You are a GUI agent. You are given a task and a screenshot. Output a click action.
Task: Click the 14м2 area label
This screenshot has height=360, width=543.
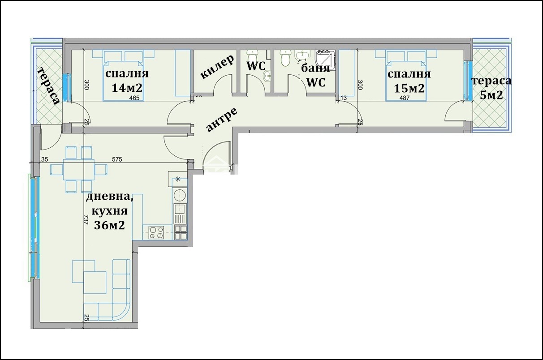[x=127, y=88]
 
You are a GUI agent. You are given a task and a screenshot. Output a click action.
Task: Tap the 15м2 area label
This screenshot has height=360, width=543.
[x=409, y=88]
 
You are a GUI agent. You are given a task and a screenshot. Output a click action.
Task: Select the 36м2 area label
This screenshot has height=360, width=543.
[x=109, y=225]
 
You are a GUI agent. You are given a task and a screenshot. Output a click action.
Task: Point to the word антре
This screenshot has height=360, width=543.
[x=222, y=120]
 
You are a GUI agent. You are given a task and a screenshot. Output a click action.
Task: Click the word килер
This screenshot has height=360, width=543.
[x=217, y=67]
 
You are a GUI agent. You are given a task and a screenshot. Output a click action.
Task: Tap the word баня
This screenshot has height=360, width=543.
[x=315, y=69]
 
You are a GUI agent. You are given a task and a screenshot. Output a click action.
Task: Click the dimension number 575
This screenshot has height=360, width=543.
[x=117, y=159]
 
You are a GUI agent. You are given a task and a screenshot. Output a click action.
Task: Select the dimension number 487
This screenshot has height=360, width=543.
[x=405, y=98]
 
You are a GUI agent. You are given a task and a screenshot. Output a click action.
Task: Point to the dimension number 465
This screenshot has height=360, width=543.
[x=134, y=98]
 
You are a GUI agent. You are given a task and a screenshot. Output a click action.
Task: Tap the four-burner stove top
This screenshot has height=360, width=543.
[x=156, y=232]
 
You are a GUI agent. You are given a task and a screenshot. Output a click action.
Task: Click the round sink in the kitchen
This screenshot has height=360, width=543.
[x=180, y=195]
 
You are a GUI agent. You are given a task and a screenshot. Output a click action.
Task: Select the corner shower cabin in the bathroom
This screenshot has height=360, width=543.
[x=326, y=60]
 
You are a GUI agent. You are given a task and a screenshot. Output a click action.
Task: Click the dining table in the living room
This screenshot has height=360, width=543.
[x=78, y=170]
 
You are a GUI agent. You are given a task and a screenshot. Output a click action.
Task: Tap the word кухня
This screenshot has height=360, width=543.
[x=110, y=211]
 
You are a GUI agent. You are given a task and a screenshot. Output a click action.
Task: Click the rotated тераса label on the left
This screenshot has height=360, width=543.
[x=49, y=86]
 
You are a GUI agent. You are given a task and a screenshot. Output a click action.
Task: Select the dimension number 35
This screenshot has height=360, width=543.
[x=45, y=159]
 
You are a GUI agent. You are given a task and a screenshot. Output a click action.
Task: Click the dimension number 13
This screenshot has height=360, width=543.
[x=344, y=98]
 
